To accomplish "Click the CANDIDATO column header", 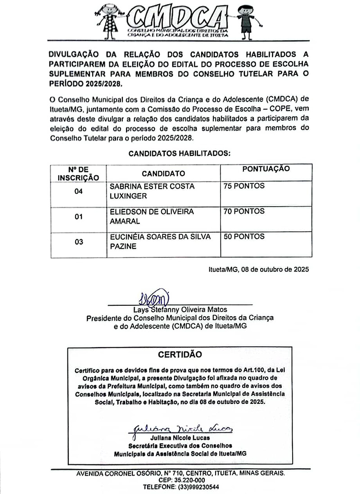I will tap(163, 173).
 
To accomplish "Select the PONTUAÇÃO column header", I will tap(266, 169).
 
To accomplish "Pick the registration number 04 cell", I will tap(79, 191).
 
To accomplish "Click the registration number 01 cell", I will tap(79, 217).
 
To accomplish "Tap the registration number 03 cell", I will tap(79, 242).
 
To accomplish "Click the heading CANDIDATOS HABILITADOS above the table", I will tap(180, 154).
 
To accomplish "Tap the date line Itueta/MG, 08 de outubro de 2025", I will tap(258, 270).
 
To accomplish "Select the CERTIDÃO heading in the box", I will tap(180, 354).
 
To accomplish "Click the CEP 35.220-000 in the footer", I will tap(180, 480).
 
